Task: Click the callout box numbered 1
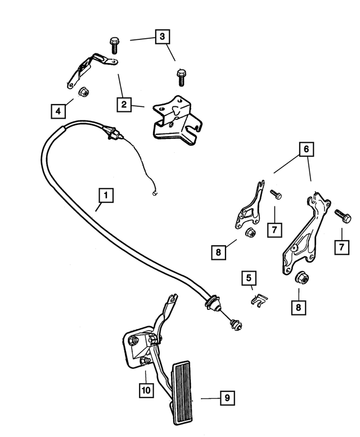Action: pyautogui.click(x=105, y=196)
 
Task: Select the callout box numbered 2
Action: pyautogui.click(x=125, y=104)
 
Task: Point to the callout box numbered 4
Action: pyautogui.click(x=58, y=111)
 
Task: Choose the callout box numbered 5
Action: pyautogui.click(x=247, y=278)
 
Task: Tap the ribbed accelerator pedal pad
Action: pyautogui.click(x=183, y=394)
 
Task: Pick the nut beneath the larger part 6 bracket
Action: pyautogui.click(x=301, y=278)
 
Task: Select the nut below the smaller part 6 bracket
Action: pyautogui.click(x=249, y=233)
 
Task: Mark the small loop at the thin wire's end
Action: pyautogui.click(x=154, y=193)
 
